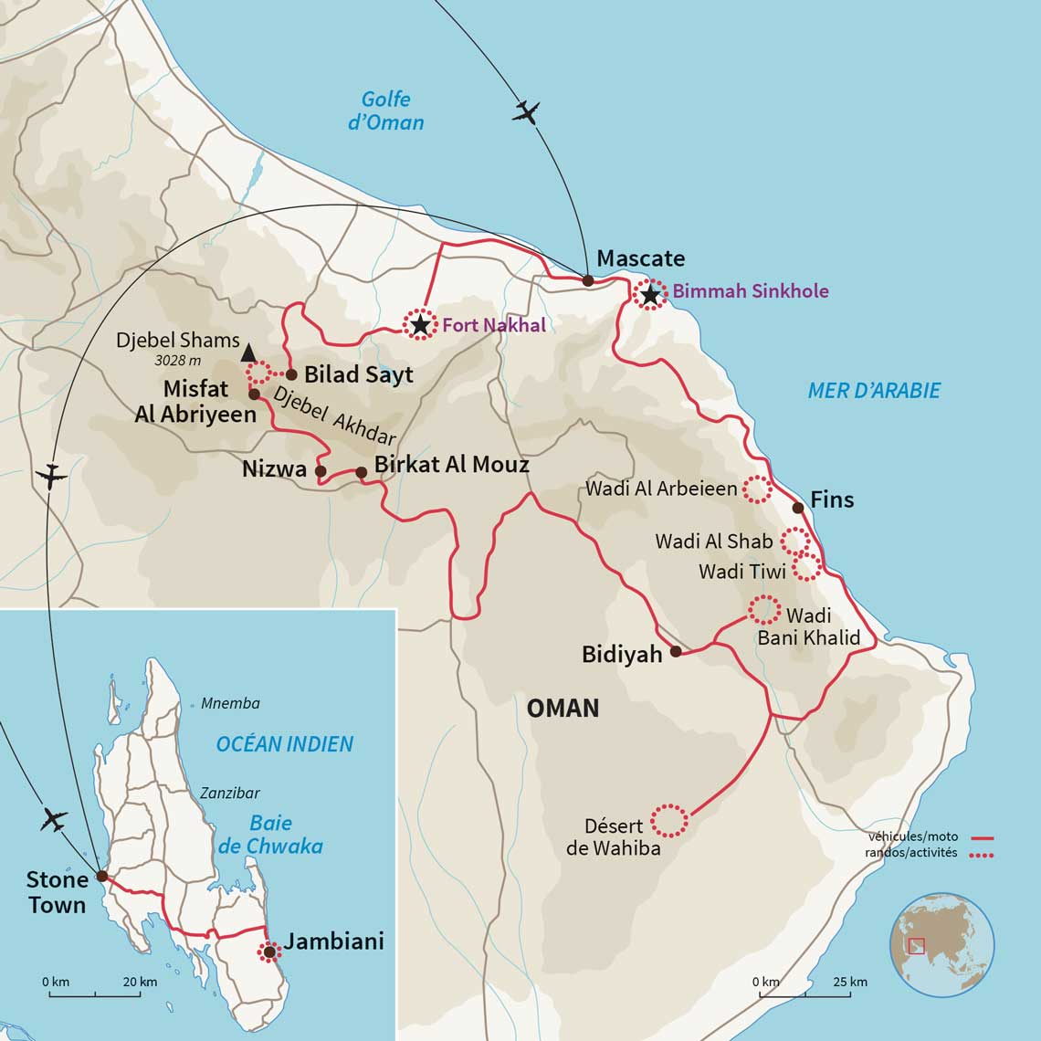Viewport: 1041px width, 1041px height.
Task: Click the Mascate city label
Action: pyautogui.click(x=640, y=258)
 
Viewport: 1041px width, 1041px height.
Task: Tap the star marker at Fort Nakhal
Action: pyautogui.click(x=419, y=325)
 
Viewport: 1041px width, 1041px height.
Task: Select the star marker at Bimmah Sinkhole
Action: pyautogui.click(x=649, y=295)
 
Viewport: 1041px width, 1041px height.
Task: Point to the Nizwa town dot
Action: pyautogui.click(x=321, y=471)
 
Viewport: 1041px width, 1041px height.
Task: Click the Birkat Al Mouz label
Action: pyautogui.click(x=452, y=465)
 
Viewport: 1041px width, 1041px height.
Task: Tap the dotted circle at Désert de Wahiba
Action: pyautogui.click(x=669, y=820)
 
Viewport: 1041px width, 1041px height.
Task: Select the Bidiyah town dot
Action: pyautogui.click(x=676, y=651)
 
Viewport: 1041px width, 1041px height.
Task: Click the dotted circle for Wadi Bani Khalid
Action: pyautogui.click(x=764, y=609)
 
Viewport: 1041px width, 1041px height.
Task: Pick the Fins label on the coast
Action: pyautogui.click(x=831, y=499)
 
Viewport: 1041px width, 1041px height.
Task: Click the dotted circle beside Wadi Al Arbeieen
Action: pyautogui.click(x=757, y=489)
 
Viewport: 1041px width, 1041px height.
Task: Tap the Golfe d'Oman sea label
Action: pyautogui.click(x=385, y=110)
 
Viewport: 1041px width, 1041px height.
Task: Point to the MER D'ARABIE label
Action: pyautogui.click(x=873, y=391)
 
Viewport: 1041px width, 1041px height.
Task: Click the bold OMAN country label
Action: pyautogui.click(x=563, y=708)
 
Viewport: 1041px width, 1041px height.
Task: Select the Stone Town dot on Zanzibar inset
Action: pyautogui.click(x=101, y=876)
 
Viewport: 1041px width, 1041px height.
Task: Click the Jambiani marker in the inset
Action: pyautogui.click(x=269, y=952)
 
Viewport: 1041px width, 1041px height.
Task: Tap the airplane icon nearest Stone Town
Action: pyautogui.click(x=55, y=820)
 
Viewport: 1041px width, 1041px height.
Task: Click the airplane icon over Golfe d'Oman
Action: pyautogui.click(x=526, y=112)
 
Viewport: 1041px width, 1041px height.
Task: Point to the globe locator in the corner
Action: pyautogui.click(x=941, y=944)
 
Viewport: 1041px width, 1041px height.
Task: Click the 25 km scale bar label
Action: pyautogui.click(x=850, y=982)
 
